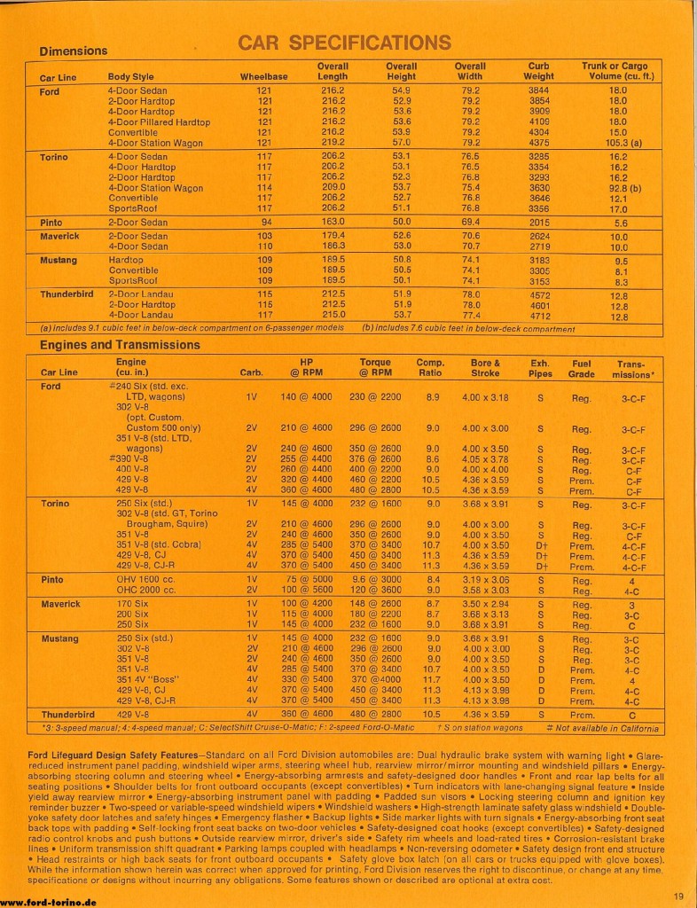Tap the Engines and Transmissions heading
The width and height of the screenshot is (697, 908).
point(120,345)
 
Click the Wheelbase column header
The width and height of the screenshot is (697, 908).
point(263,77)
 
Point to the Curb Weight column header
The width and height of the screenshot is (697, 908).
point(538,72)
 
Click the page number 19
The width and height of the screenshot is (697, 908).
point(677,895)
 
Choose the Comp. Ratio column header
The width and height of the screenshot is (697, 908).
point(431,368)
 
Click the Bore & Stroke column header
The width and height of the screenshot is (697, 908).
point(485,368)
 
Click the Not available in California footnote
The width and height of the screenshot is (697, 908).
point(607,729)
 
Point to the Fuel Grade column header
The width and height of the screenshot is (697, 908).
point(582,368)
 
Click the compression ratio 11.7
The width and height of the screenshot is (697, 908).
point(433,681)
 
